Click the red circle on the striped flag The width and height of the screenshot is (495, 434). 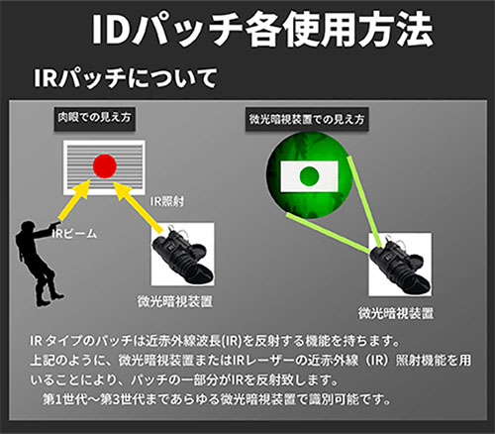105,165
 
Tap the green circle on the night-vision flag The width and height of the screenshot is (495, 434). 309,176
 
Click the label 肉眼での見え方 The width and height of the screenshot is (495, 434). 95,118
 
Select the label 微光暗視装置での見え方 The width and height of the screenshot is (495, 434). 307,119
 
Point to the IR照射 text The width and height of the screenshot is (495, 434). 167,201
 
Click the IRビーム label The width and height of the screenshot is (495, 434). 75,234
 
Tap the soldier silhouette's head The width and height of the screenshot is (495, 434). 28,227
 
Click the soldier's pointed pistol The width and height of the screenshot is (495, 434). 52,225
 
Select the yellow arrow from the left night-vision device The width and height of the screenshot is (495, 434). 139,206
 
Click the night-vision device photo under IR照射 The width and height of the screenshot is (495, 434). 182,254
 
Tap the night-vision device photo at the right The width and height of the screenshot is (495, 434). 400,265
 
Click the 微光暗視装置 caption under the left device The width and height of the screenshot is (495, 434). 175,301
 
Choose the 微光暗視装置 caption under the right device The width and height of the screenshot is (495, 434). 396,313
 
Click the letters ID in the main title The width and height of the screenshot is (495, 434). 110,29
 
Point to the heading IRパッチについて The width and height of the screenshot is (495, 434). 125,78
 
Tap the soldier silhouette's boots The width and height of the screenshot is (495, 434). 49,296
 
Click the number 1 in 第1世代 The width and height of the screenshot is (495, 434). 57,400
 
